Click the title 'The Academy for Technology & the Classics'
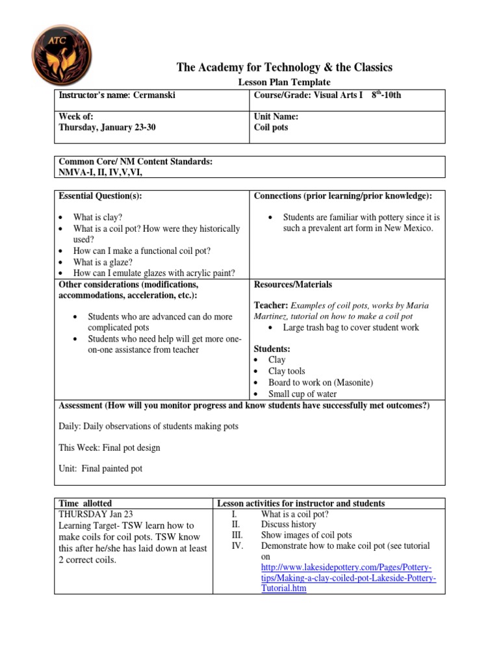pyautogui.click(x=285, y=68)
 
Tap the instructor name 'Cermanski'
pyautogui.click(x=154, y=95)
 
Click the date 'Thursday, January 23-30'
pyautogui.click(x=107, y=128)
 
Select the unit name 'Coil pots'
pyautogui.click(x=271, y=128)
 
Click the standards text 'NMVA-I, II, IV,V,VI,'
pyautogui.click(x=101, y=172)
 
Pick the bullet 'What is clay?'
pyautogui.click(x=97, y=218)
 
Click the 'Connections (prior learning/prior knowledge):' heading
pyautogui.click(x=343, y=196)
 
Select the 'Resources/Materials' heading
pyautogui.click(x=292, y=284)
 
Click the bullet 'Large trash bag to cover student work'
pyautogui.click(x=351, y=327)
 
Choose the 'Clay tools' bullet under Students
pyautogui.click(x=287, y=371)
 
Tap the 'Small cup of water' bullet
pyautogui.click(x=303, y=394)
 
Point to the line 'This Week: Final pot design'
pyautogui.click(x=109, y=447)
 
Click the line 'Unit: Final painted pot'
pyautogui.click(x=100, y=468)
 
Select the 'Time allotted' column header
pyautogui.click(x=85, y=503)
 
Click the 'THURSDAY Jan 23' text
pyautogui.click(x=96, y=513)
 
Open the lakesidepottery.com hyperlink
pyautogui.click(x=348, y=568)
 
